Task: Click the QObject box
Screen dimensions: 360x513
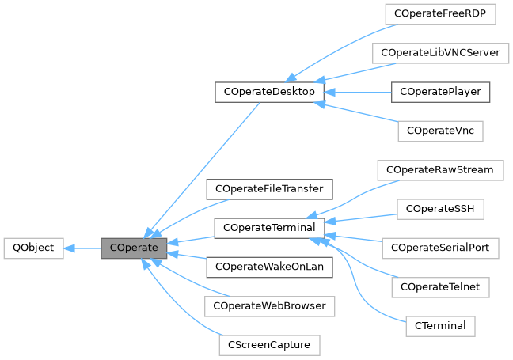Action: coord(32,248)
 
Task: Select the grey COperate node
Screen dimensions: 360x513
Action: coord(134,248)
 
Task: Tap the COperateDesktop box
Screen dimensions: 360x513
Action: coord(269,92)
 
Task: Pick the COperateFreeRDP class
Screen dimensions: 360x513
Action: coord(440,13)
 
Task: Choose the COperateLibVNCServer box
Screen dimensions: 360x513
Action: coord(440,52)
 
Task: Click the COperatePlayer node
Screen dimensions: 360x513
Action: coord(440,92)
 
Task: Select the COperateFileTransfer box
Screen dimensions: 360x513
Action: coord(269,189)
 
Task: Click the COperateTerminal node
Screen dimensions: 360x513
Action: coord(269,228)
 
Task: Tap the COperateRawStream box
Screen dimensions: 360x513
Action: coord(440,169)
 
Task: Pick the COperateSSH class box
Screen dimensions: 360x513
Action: coord(440,209)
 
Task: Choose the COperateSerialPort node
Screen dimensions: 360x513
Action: coord(440,248)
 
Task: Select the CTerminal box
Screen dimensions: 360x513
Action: coord(440,325)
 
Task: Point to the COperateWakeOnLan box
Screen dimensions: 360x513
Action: coord(269,267)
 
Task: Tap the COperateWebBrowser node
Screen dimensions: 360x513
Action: coord(269,305)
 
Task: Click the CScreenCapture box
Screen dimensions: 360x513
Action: coord(269,345)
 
